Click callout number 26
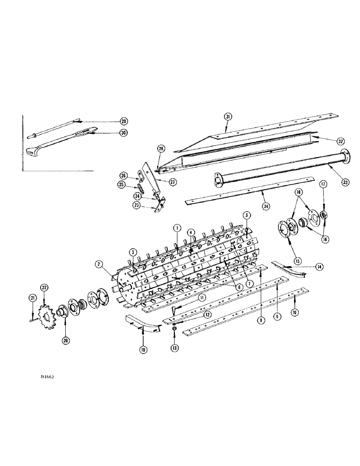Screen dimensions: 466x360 [123, 176]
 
